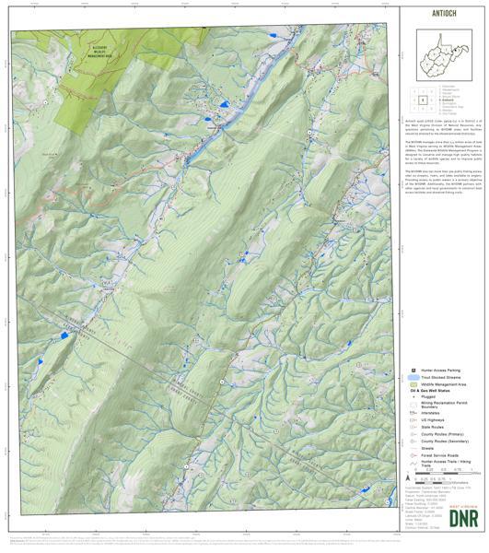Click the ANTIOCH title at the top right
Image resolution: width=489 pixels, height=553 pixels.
[442, 14]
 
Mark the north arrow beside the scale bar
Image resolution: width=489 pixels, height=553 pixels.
[407, 477]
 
